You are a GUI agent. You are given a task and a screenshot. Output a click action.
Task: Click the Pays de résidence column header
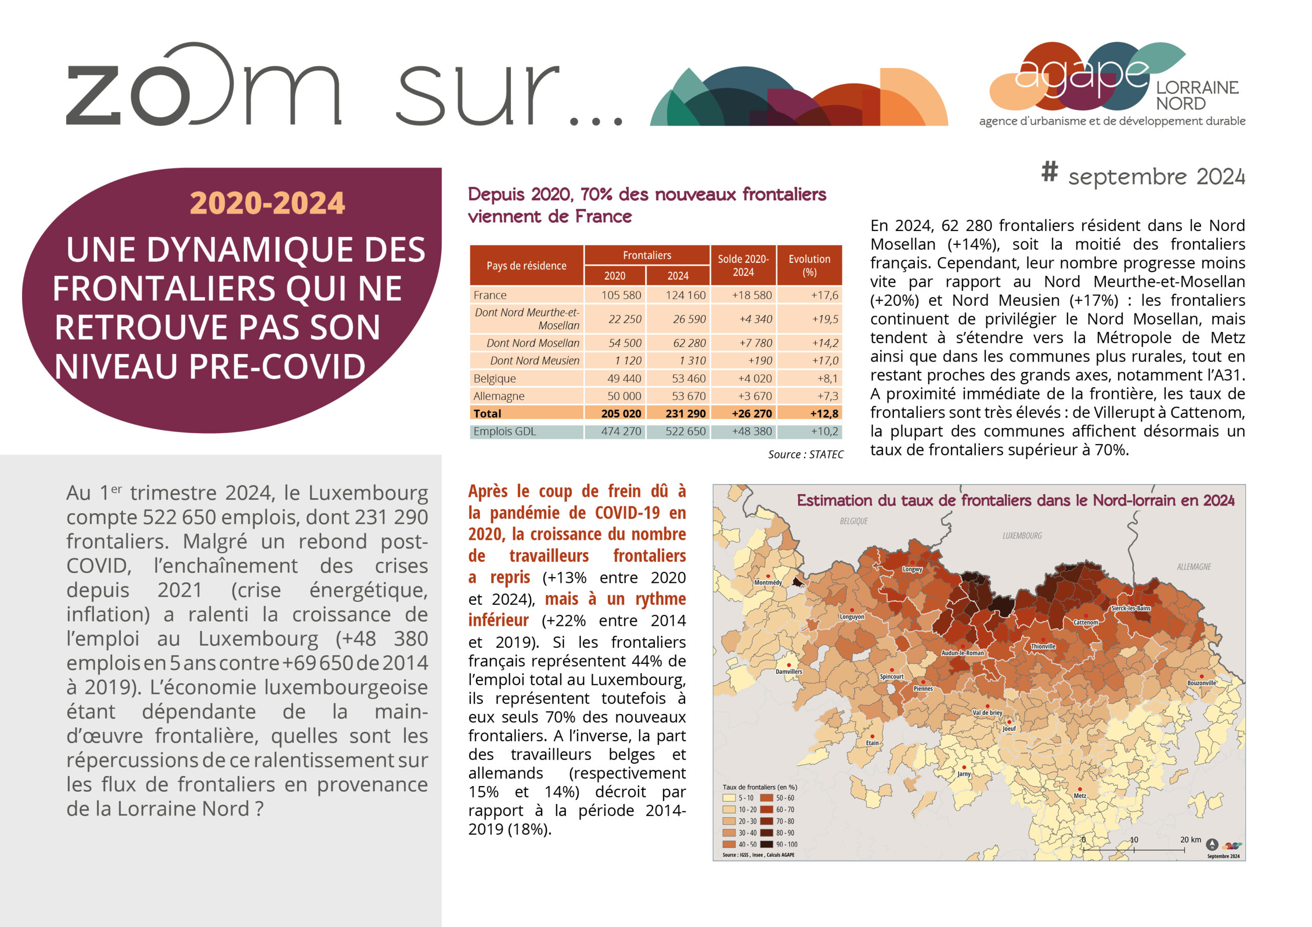click(526, 266)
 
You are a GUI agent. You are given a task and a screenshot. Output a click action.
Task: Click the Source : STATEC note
click(805, 455)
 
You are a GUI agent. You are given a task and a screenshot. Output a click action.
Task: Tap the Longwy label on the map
click(912, 570)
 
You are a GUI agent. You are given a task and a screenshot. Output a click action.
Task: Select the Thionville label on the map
click(1043, 646)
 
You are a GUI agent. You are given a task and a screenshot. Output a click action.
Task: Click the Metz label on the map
click(1079, 795)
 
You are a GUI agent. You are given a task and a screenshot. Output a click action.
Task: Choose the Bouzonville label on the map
click(1202, 683)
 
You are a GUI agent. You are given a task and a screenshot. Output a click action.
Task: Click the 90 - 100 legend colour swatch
click(766, 844)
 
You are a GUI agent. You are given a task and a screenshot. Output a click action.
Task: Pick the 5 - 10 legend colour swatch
click(729, 798)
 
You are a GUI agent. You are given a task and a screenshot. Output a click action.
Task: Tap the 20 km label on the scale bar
click(1191, 839)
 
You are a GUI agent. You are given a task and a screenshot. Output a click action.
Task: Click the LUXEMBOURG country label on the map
click(1022, 536)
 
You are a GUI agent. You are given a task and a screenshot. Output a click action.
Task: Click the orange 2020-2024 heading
click(267, 203)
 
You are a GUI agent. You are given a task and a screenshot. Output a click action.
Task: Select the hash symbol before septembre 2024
click(1049, 172)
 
